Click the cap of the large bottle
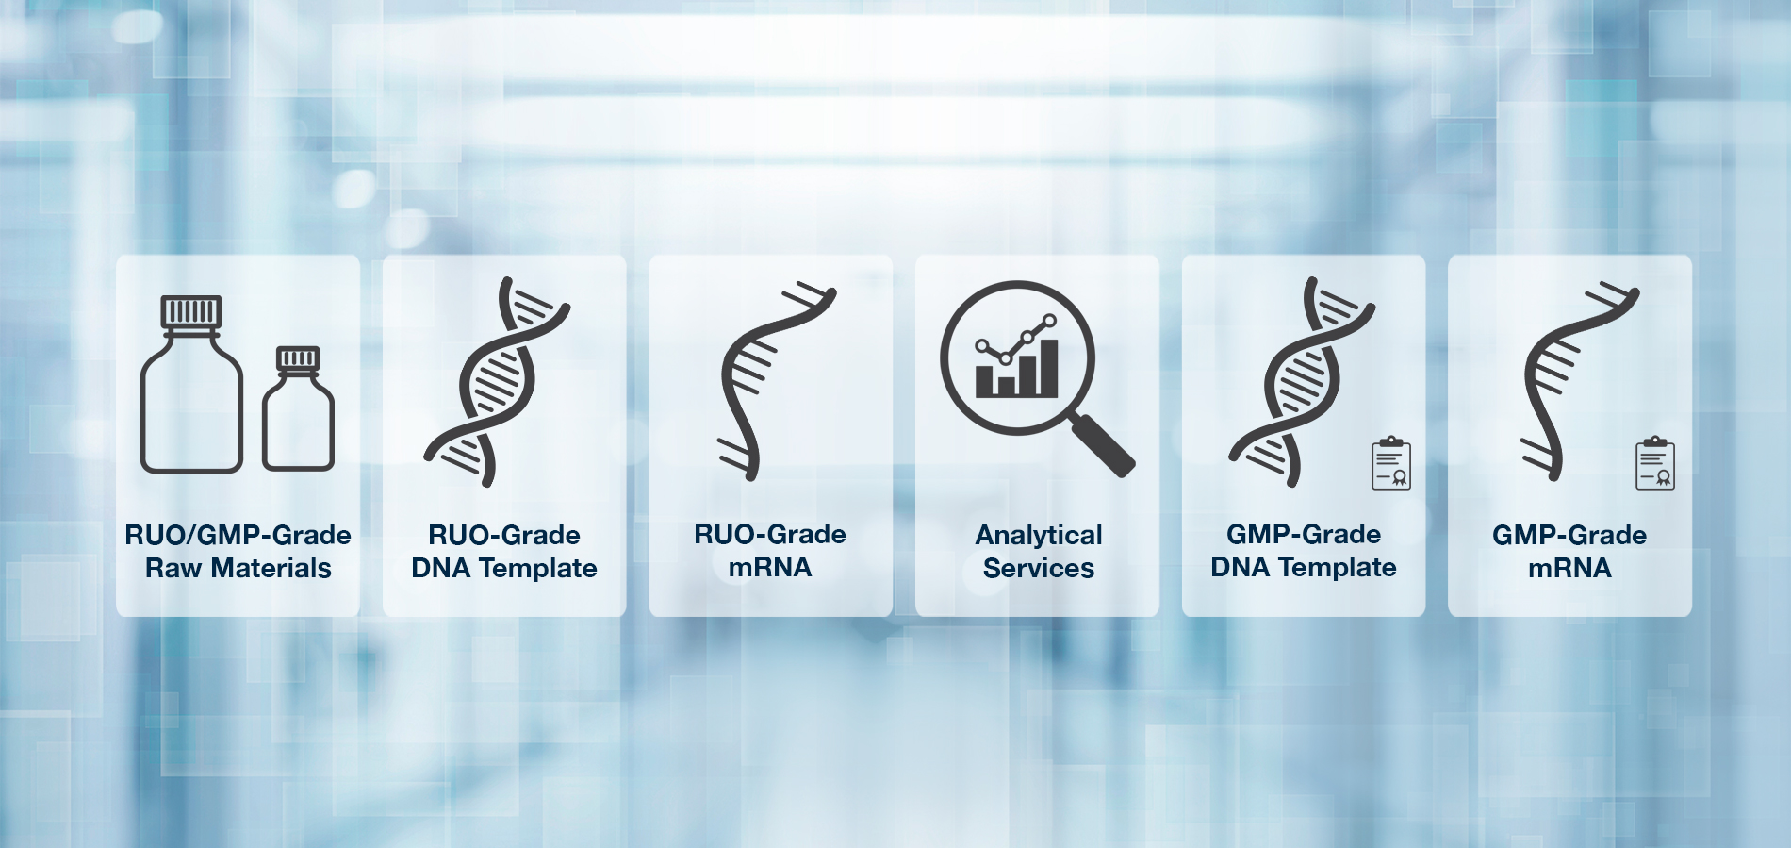pos(191,312)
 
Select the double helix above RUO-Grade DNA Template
pos(497,382)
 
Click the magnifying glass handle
pos(1104,445)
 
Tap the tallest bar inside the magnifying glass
pos(1047,367)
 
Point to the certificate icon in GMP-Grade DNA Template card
pos(1390,462)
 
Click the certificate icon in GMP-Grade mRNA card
pos(1655,462)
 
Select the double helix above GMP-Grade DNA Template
pos(1302,382)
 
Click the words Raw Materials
pos(238,568)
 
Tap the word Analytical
pos(1039,536)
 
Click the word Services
pos(1039,568)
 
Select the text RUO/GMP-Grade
pos(238,535)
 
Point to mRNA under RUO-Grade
pos(770,567)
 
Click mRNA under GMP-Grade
pos(1569,568)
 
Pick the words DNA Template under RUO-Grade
pos(504,568)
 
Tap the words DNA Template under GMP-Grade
pos(1304,567)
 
